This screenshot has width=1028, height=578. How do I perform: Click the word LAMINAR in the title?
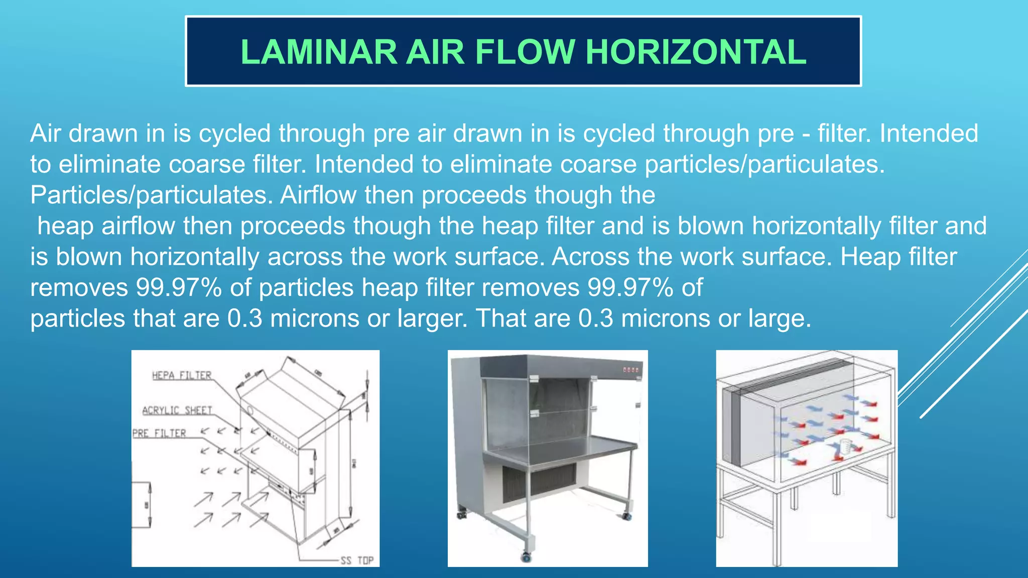[319, 52]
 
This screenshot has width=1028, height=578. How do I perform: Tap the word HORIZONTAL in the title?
[696, 52]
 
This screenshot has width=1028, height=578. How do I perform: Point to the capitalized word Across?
[590, 257]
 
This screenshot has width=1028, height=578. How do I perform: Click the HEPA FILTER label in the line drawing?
[181, 375]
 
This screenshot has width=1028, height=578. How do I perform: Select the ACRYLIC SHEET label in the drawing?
[177, 410]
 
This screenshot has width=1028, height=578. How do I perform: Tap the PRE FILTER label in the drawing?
[159, 433]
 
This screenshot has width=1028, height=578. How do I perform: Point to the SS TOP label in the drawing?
[357, 560]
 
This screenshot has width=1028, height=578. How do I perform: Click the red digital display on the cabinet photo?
[631, 370]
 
